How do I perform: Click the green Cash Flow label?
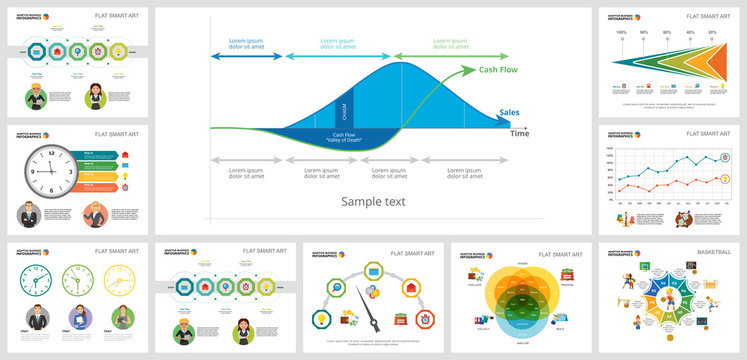pyautogui.click(x=497, y=71)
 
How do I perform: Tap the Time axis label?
pyautogui.click(x=520, y=133)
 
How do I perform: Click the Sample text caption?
pyautogui.click(x=373, y=200)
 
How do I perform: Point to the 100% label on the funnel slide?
pyautogui.click(x=621, y=33)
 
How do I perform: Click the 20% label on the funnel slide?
pyautogui.click(x=712, y=33)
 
